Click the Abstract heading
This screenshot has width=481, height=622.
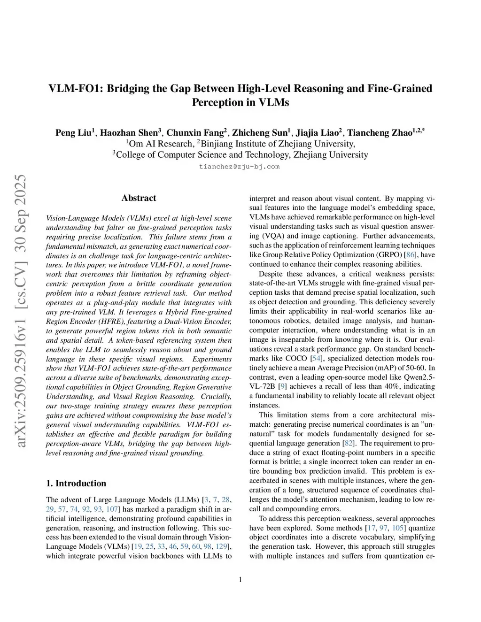(x=139, y=198)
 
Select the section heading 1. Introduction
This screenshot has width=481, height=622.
(x=76, y=484)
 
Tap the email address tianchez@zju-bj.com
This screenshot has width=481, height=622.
(x=239, y=167)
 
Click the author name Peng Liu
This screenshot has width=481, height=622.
(x=74, y=133)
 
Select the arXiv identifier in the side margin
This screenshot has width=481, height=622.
(x=21, y=310)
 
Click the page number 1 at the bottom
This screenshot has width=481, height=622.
(x=240, y=580)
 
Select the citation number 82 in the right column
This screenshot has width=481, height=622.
(x=349, y=443)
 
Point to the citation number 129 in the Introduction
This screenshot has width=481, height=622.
(x=221, y=546)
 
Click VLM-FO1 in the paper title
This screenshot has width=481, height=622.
(x=75, y=89)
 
